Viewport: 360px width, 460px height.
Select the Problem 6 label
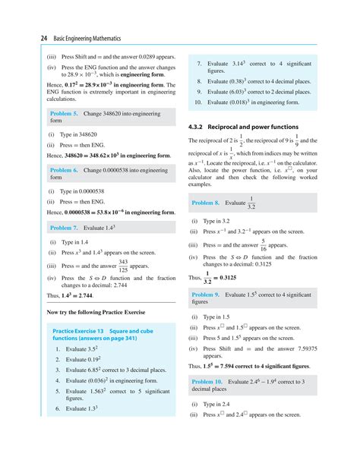[x=64, y=171]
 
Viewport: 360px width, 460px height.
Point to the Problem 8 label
[x=206, y=203]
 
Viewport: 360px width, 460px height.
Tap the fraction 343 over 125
[x=123, y=266]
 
